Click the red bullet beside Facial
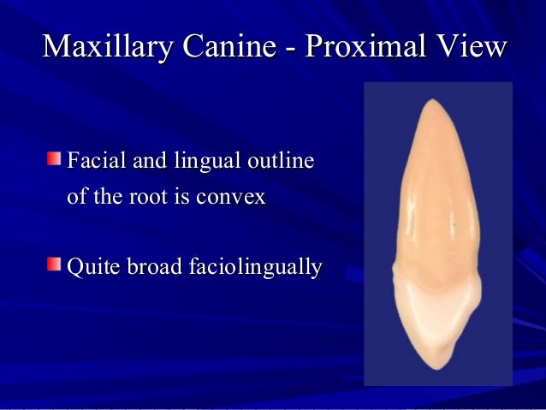point(54,159)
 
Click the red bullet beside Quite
point(54,265)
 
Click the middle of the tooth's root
point(432,197)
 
